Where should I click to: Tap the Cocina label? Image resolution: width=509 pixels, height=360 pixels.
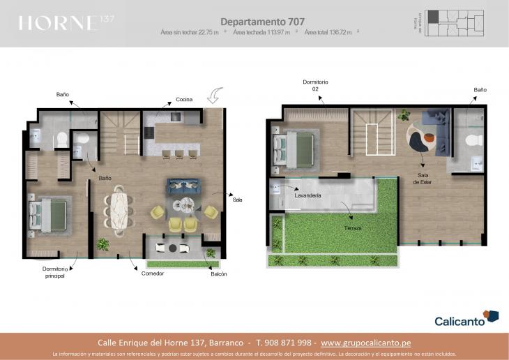point(184,100)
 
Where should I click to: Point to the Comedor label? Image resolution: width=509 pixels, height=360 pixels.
point(152,273)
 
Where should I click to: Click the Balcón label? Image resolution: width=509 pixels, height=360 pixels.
point(218,273)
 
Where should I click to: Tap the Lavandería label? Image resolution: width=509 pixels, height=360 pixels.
point(307,196)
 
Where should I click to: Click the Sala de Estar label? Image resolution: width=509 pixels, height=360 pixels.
point(423,179)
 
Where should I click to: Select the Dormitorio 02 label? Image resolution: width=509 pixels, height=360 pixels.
point(315,86)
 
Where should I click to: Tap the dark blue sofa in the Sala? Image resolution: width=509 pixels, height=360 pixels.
point(183,186)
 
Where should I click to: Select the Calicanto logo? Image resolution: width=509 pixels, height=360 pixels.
point(466,319)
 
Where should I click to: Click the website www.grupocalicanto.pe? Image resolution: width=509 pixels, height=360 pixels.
point(375,343)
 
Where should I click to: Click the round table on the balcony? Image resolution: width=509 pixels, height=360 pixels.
point(172,248)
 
